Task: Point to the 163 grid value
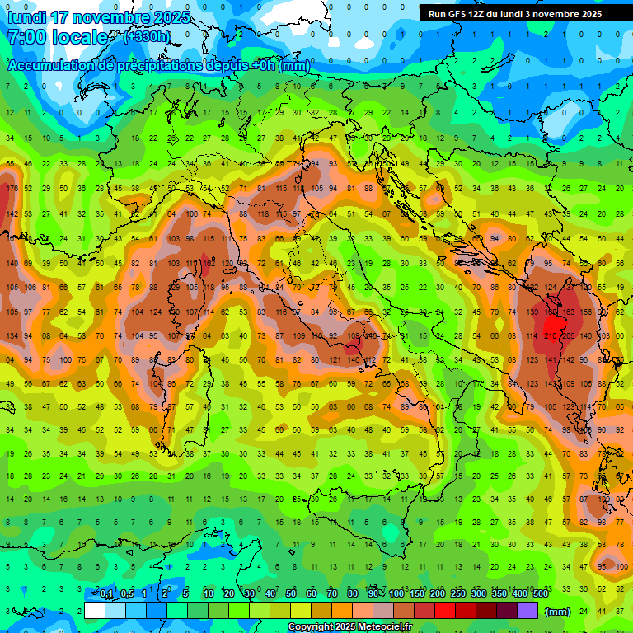[569, 312]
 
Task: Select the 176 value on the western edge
[12, 189]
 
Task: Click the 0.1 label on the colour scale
[106, 594]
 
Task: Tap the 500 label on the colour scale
[540, 594]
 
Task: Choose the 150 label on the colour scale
[417, 594]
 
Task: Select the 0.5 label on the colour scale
[127, 594]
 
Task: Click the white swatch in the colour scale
[95, 610]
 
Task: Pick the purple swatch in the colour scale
[528, 610]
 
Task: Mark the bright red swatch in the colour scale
[445, 610]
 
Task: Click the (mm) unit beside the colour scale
[558, 612]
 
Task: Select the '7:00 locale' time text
[58, 38]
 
